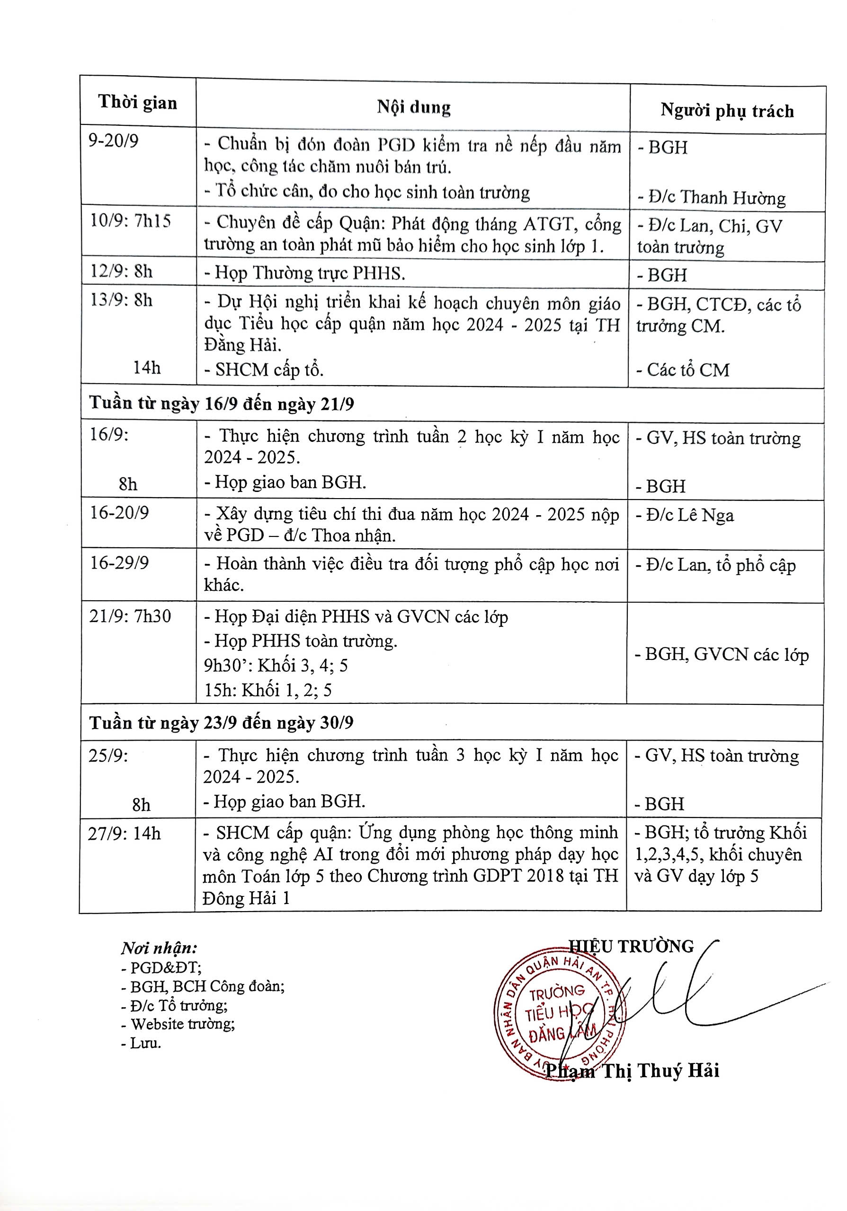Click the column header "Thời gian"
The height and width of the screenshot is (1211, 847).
[x=137, y=102]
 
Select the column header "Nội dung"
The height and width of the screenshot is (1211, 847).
[x=413, y=107]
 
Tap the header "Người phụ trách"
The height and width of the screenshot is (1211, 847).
[x=727, y=111]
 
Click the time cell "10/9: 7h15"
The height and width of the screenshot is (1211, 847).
[x=130, y=220]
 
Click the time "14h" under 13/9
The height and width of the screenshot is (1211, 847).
[x=147, y=367]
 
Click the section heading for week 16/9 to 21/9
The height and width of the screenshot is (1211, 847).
[x=222, y=404]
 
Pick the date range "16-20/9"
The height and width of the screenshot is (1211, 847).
[x=119, y=513]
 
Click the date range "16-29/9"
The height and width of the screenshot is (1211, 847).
[x=119, y=563]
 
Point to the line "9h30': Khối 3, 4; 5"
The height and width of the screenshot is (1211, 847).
[x=276, y=666]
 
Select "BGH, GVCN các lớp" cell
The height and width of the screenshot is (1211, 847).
[x=726, y=655]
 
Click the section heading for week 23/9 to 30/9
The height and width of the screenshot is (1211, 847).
[x=221, y=723]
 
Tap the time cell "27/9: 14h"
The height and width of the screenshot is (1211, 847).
[x=125, y=834]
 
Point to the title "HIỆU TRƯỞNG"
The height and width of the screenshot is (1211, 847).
[x=631, y=946]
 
